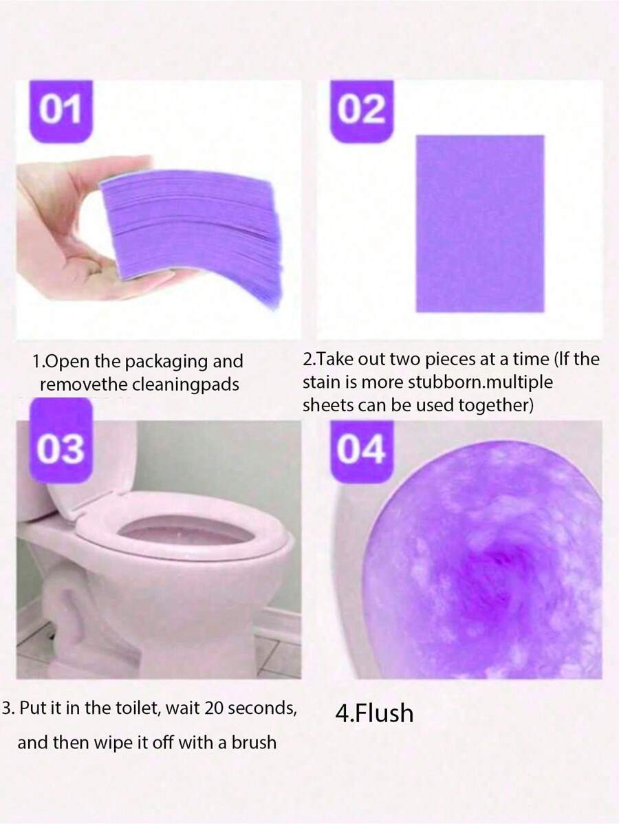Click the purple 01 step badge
click(x=61, y=111)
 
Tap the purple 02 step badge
click(x=362, y=111)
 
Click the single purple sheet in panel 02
click(x=480, y=224)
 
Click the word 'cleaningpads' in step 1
click(x=185, y=384)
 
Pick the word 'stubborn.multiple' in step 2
click(x=481, y=382)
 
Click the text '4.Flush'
click(x=374, y=714)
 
